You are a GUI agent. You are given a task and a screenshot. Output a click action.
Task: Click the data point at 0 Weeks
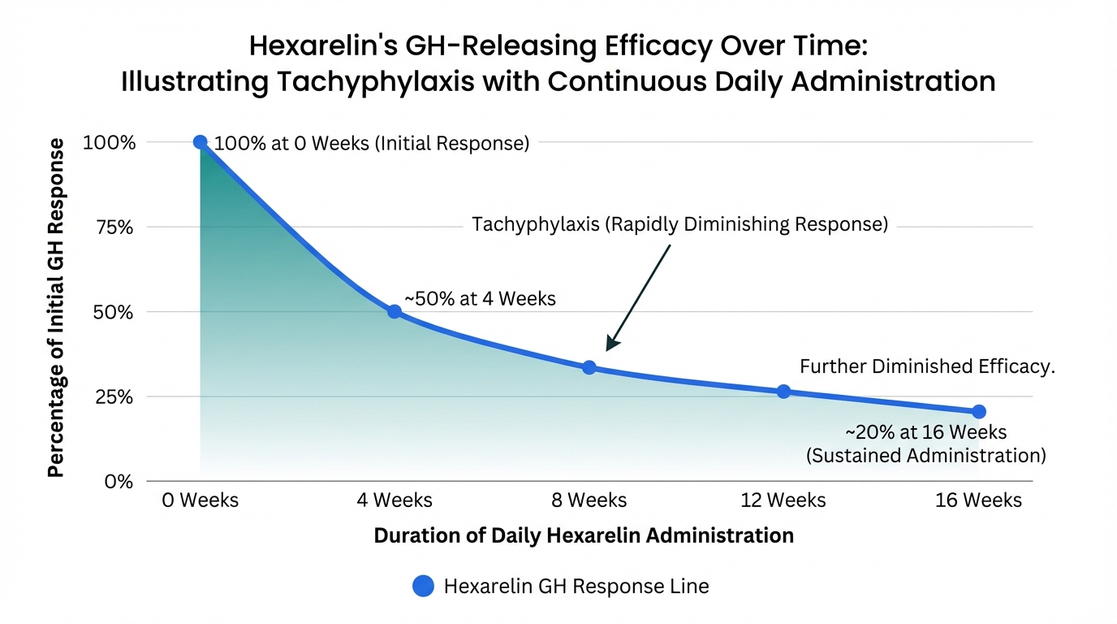pyautogui.click(x=200, y=142)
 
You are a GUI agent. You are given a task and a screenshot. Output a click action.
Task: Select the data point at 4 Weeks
pyautogui.click(x=394, y=311)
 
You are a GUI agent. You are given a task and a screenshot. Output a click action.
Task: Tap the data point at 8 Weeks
pyautogui.click(x=589, y=367)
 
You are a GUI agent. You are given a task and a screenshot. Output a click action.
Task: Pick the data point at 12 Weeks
pyautogui.click(x=783, y=392)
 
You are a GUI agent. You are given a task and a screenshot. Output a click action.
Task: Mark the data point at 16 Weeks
pyautogui.click(x=978, y=412)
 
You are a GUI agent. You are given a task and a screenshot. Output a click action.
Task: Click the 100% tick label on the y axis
pyautogui.click(x=108, y=143)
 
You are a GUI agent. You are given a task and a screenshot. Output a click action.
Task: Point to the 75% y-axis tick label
pyautogui.click(x=114, y=227)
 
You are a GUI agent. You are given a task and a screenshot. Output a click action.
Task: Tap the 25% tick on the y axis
pyautogui.click(x=114, y=397)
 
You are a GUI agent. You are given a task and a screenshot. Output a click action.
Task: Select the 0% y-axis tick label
pyautogui.click(x=119, y=482)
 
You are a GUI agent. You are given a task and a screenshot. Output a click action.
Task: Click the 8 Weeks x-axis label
pyautogui.click(x=589, y=500)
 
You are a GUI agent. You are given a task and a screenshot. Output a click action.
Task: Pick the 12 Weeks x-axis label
pyautogui.click(x=783, y=500)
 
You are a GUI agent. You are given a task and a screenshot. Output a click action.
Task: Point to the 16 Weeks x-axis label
pyautogui.click(x=978, y=500)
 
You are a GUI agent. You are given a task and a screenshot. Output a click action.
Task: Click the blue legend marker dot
pyautogui.click(x=423, y=586)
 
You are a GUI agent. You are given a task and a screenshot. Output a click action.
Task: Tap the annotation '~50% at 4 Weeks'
pyautogui.click(x=480, y=299)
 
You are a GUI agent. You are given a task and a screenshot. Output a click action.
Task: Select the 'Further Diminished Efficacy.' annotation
pyautogui.click(x=927, y=366)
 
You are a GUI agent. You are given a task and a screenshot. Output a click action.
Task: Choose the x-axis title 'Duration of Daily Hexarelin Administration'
pyautogui.click(x=583, y=536)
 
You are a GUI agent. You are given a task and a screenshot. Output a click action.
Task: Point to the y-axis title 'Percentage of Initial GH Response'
pyautogui.click(x=55, y=307)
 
